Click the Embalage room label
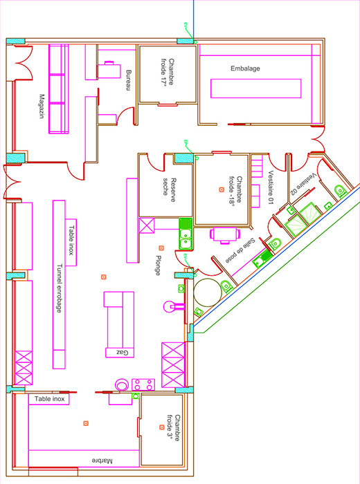tap(245, 68)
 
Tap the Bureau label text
tap(129, 80)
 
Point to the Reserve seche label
tap(170, 190)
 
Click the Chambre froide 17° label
tap(167, 72)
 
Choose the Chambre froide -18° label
tap(236, 192)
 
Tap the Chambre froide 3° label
tap(173, 427)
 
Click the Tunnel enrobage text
tap(59, 288)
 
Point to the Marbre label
tap(102, 461)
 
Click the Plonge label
tap(159, 265)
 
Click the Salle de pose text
tap(240, 250)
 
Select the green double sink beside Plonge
tap(186, 234)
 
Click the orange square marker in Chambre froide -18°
tap(222, 189)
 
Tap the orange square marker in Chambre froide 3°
tap(161, 427)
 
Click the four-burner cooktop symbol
tap(143, 384)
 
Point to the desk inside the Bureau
tap(109, 71)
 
